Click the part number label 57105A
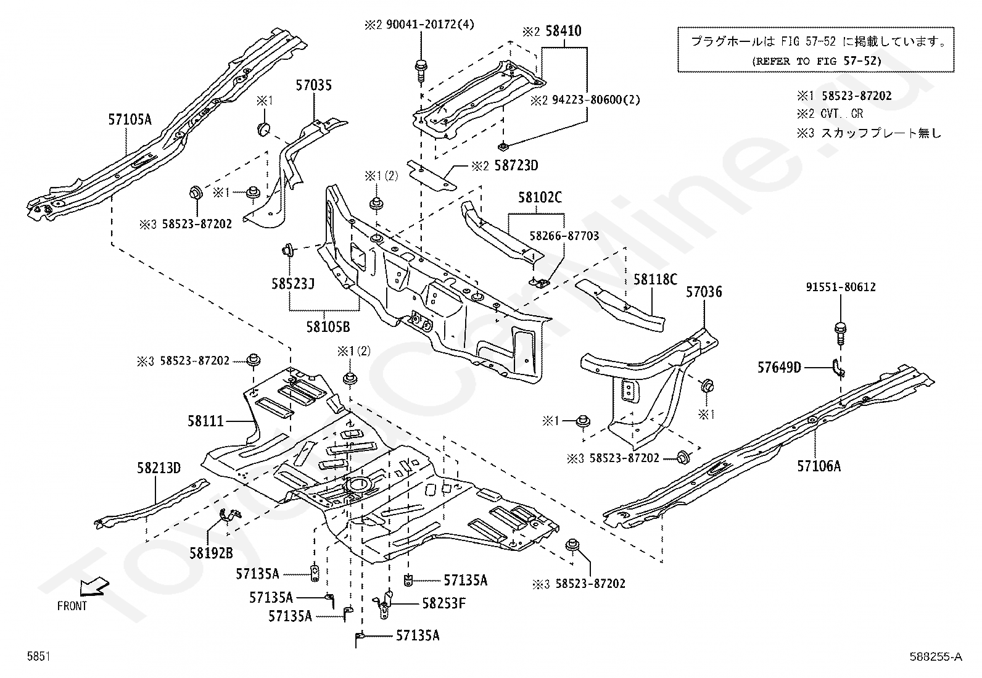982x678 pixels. point(130,120)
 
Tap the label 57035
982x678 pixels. point(313,85)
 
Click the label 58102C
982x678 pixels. point(540,197)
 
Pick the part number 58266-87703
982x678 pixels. point(564,236)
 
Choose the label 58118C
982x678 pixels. point(655,279)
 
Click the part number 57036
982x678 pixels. point(704,292)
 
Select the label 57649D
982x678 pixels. point(779,368)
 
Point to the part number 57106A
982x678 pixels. point(819,466)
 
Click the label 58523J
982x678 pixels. point(292,284)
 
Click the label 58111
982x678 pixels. point(205,421)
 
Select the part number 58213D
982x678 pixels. point(159,468)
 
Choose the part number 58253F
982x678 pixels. point(444,603)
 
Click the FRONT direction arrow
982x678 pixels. point(94,587)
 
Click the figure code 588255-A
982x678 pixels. point(935,657)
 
